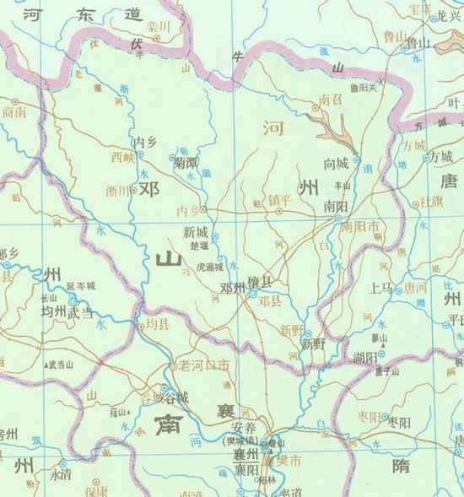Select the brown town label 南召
click(329, 100)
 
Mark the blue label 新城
click(194, 230)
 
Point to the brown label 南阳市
click(360, 225)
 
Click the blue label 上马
click(381, 286)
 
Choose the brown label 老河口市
click(200, 366)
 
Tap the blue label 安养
click(245, 427)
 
